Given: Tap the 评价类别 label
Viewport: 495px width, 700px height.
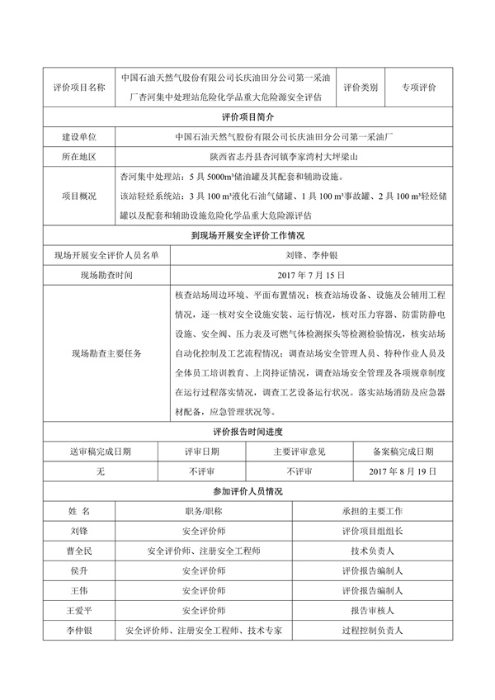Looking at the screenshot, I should coord(360,87).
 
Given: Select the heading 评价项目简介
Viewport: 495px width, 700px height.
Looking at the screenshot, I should coord(247,117).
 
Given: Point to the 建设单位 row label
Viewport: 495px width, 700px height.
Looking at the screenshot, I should coord(78,136).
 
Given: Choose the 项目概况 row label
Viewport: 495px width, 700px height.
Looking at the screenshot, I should coord(78,196).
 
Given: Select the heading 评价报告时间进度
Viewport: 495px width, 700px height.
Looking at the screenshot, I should coord(247,432).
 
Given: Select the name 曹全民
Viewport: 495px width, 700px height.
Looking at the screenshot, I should coord(79,551).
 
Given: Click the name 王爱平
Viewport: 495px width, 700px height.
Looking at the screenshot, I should coord(79,611).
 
